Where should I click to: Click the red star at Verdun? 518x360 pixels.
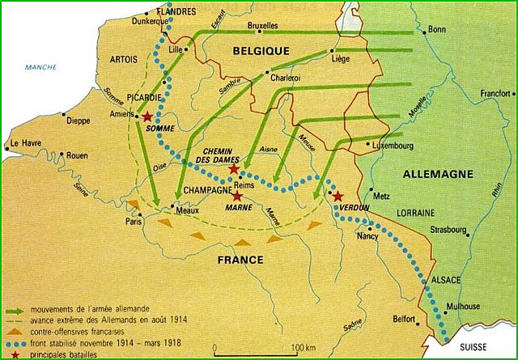337,197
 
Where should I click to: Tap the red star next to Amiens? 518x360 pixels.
146,117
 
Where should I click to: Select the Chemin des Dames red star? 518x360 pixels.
234,169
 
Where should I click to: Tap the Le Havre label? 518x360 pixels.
24,145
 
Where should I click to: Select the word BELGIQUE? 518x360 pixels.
261,50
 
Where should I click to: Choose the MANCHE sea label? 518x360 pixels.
37,68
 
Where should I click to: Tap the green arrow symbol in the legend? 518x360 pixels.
16,309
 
